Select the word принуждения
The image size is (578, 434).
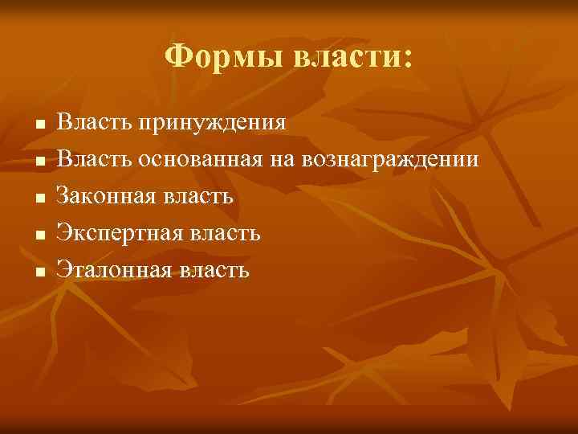coord(212,123)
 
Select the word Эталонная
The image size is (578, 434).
coord(112,270)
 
